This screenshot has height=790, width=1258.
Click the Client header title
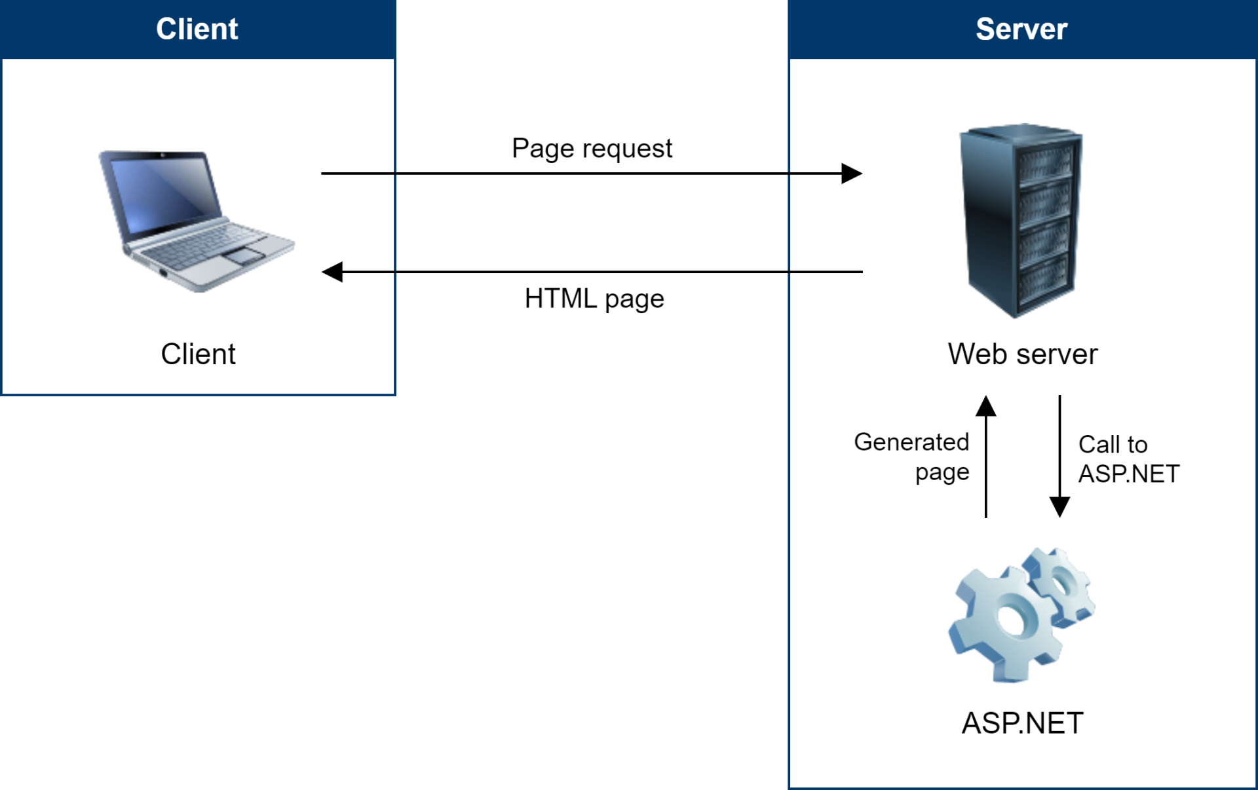[197, 29]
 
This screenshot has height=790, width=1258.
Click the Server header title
[1021, 29]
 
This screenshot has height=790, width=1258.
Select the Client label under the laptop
[198, 354]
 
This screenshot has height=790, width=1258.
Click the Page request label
[592, 149]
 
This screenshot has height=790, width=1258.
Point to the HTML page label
[594, 299]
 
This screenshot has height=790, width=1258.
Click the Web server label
[1022, 354]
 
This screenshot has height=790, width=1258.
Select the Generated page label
[911, 457]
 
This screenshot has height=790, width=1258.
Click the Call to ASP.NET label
[1129, 459]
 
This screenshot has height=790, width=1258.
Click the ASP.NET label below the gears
[1022, 723]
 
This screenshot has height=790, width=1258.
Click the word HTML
[561, 299]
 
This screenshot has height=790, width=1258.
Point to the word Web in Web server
[978, 354]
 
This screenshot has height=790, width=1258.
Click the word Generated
[911, 443]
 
